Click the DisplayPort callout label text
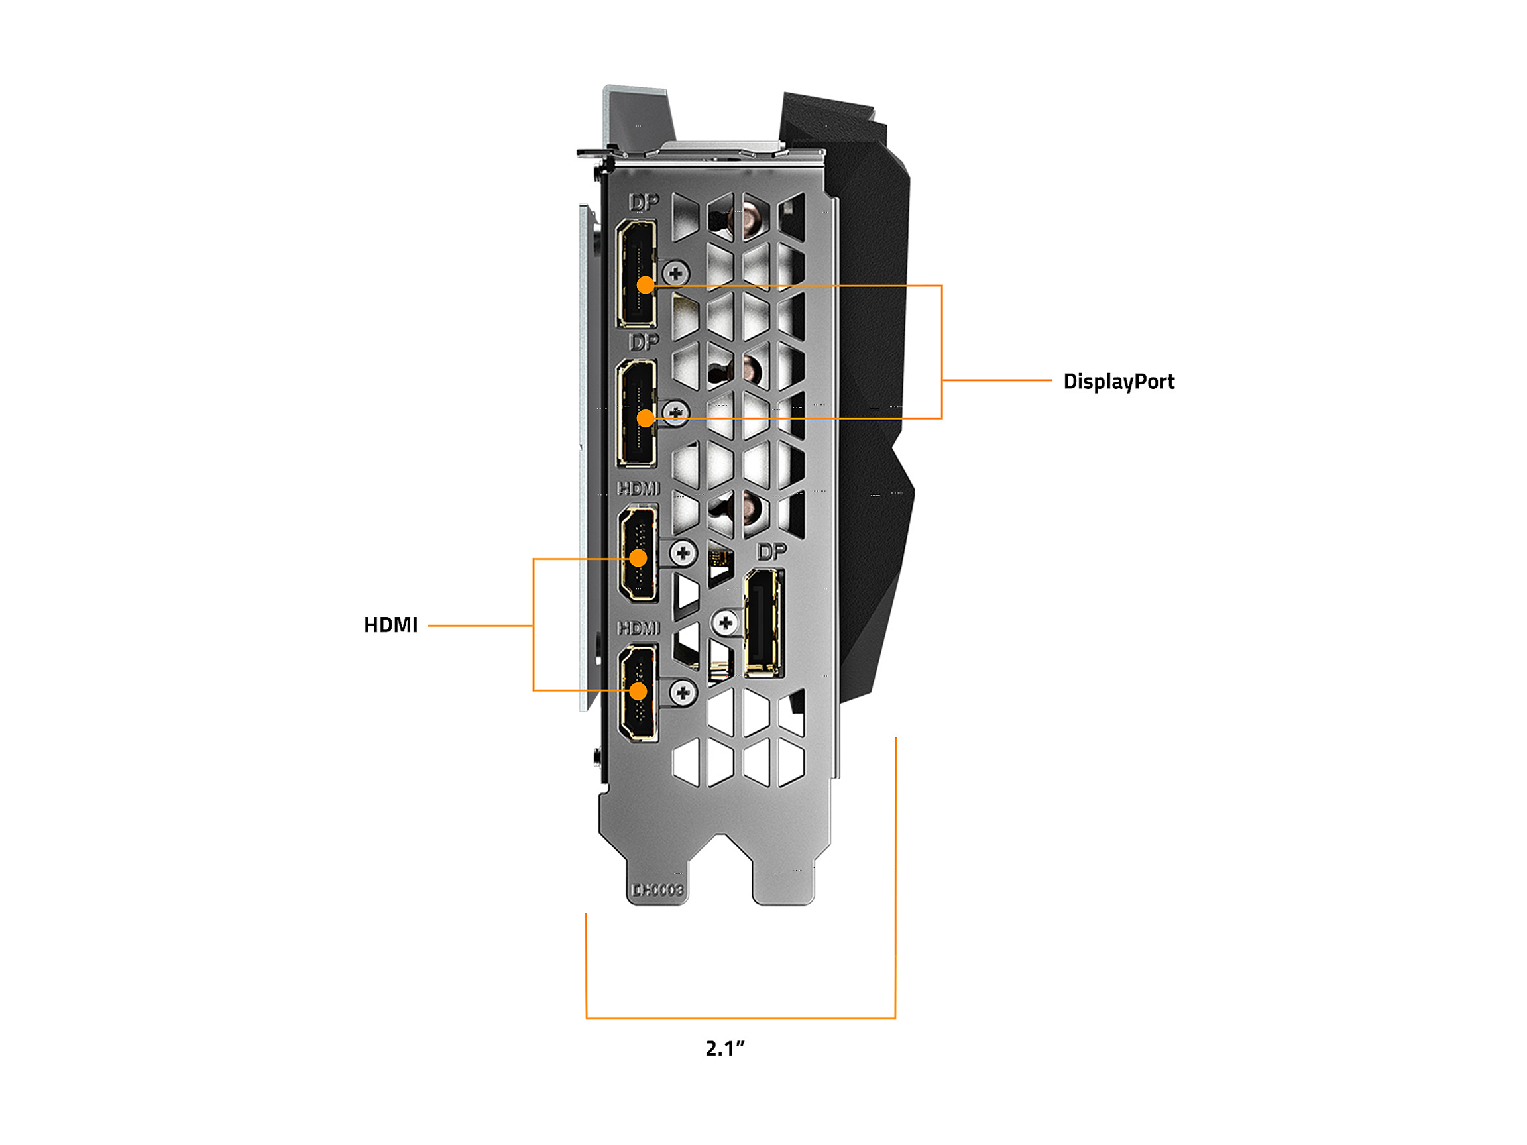pos(1118,381)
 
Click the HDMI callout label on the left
pos(391,625)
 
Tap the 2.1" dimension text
pos(725,1048)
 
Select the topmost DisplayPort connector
pos(636,255)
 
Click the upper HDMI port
pos(638,538)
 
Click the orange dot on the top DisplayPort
pos(645,284)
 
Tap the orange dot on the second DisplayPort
pos(645,418)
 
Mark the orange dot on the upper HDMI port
pos(638,558)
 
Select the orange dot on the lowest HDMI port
pos(638,691)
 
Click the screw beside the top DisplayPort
pos(675,273)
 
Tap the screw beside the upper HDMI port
pos(683,553)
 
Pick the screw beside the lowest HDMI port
pos(683,692)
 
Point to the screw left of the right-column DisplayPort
pos(726,624)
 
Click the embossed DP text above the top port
pos(644,202)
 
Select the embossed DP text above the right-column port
pos(771,551)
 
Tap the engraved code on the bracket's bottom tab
pos(657,891)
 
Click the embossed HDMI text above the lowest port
pos(638,627)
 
